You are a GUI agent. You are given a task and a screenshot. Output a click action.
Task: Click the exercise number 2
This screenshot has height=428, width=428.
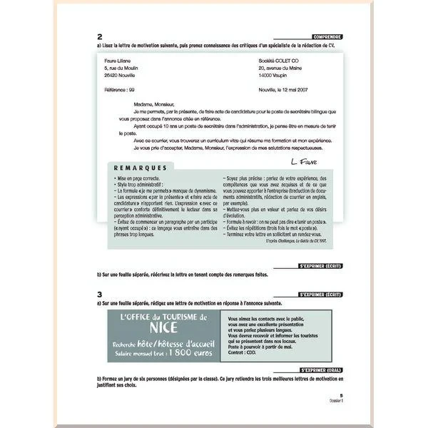[99, 38]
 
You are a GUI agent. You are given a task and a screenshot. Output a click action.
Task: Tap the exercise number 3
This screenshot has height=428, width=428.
[99, 293]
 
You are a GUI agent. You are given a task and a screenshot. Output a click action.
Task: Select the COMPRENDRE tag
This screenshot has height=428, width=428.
[327, 36]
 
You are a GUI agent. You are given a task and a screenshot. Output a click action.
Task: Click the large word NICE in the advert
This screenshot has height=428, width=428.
[163, 329]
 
